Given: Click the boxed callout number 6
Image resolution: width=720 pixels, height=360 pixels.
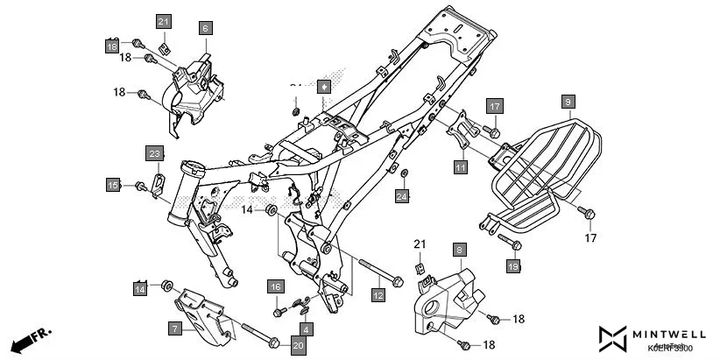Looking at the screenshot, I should point(205,28).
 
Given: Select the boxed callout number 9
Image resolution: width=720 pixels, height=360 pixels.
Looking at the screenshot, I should point(568,102).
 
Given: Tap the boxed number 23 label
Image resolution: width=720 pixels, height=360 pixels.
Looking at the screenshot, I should point(154,154).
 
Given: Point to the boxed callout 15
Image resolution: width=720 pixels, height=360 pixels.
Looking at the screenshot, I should point(113,185).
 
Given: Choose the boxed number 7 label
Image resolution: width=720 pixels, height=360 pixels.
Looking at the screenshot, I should point(175,328).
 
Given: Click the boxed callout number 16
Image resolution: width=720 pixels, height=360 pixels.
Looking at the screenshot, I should point(275,286).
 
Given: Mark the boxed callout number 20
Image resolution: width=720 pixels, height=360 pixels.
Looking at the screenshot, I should point(297,346).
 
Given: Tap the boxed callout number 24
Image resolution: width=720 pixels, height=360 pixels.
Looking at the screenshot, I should point(401,197).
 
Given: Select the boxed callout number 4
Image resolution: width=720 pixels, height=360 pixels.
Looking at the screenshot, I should point(306,329).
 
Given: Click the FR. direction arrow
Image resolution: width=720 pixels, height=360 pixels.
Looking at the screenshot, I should point(32,338).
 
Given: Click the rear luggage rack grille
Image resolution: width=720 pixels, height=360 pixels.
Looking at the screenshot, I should point(534,162).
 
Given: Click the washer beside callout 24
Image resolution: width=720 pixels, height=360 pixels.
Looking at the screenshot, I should point(403,174).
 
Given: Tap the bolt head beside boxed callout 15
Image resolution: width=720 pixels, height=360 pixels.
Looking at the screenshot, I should point(139,186).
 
